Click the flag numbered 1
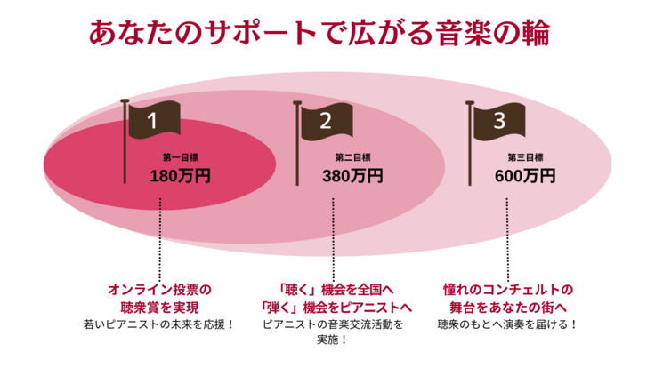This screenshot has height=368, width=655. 154,119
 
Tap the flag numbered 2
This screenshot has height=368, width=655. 327,119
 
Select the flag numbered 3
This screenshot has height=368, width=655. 500,119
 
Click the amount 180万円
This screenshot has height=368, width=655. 180,175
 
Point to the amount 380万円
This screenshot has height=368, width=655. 352,175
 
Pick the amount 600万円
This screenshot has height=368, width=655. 525,175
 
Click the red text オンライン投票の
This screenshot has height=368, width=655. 160,289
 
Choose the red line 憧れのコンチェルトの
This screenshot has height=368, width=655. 507,289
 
